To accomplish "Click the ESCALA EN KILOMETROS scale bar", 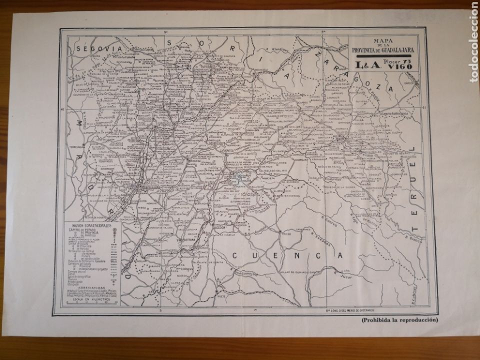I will pyautogui.click(x=90, y=302).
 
